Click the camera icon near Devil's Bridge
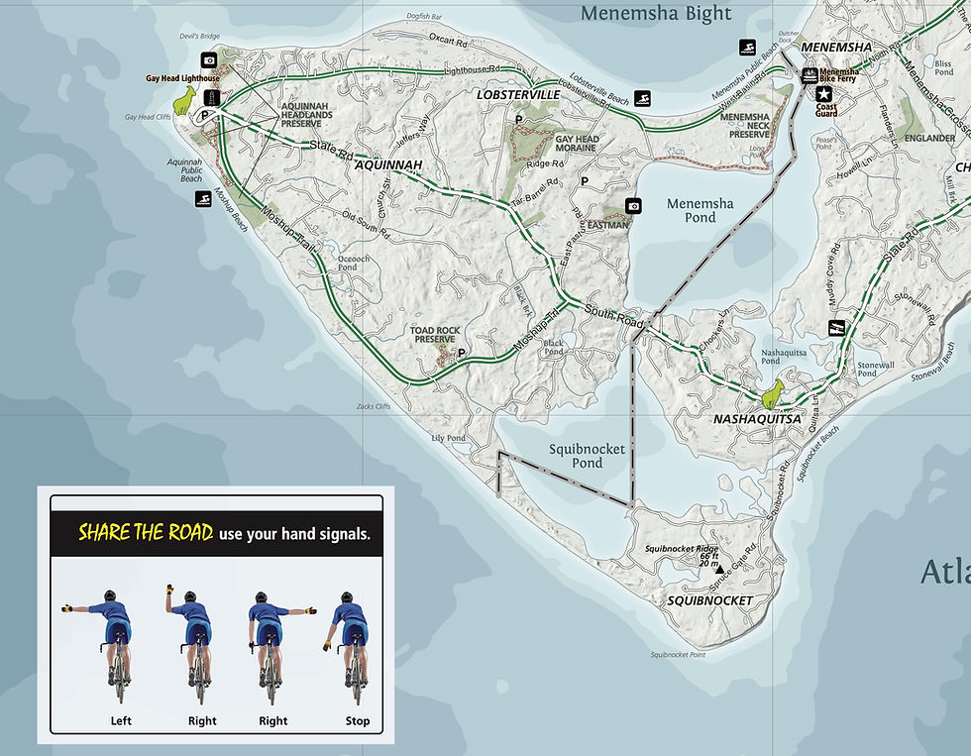click(209, 60)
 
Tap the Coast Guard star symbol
click(823, 92)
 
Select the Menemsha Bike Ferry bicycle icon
click(809, 74)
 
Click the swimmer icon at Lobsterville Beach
click(644, 98)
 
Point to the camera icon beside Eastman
click(633, 206)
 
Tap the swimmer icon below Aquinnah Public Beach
click(202, 199)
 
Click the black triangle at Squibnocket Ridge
click(720, 569)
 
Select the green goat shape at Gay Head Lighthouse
click(184, 98)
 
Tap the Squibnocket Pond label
click(588, 456)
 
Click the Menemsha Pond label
click(700, 210)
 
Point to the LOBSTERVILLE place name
click(518, 95)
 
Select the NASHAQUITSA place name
click(757, 419)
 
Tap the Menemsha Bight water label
click(656, 14)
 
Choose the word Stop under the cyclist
click(358, 720)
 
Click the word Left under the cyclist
click(121, 720)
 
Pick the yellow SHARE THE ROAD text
click(146, 532)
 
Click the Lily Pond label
click(448, 438)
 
